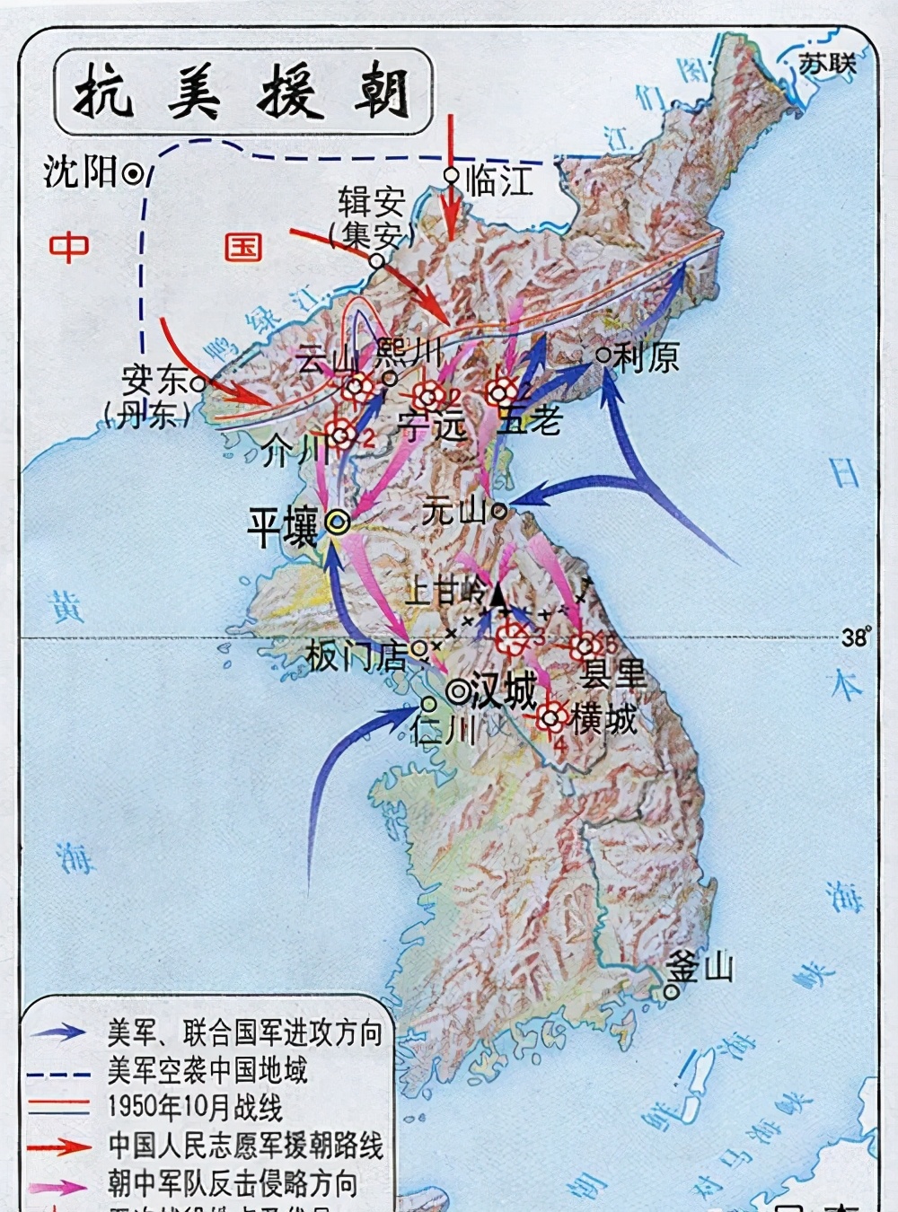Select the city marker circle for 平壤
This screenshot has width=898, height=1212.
[x=339, y=523]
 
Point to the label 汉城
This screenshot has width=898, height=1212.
[x=503, y=690]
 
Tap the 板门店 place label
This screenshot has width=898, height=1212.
[x=356, y=655]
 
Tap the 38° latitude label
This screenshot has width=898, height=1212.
[x=856, y=637]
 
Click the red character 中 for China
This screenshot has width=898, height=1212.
[x=69, y=247]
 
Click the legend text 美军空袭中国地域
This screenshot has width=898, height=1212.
[x=207, y=1071]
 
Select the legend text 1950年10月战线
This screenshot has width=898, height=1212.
[x=195, y=1108]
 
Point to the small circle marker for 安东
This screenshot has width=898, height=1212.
[x=199, y=382]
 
